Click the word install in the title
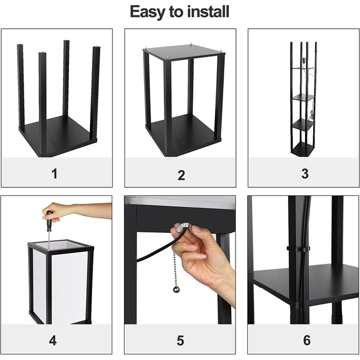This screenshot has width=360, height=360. (208, 11)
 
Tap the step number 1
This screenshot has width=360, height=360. (55, 174)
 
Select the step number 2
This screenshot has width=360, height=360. (181, 175)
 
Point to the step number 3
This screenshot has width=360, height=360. (305, 174)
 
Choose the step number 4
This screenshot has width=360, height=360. (53, 340)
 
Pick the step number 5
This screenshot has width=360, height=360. (180, 340)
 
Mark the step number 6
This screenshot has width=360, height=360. (307, 340)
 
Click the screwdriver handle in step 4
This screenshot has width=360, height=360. (49, 221)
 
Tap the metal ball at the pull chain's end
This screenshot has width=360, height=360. (176, 289)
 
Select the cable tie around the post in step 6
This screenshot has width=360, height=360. (298, 248)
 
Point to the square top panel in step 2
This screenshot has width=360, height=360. (184, 52)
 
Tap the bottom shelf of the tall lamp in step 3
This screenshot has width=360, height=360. (302, 149)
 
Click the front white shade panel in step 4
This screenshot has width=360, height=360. (69, 287)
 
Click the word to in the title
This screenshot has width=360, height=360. (176, 12)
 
